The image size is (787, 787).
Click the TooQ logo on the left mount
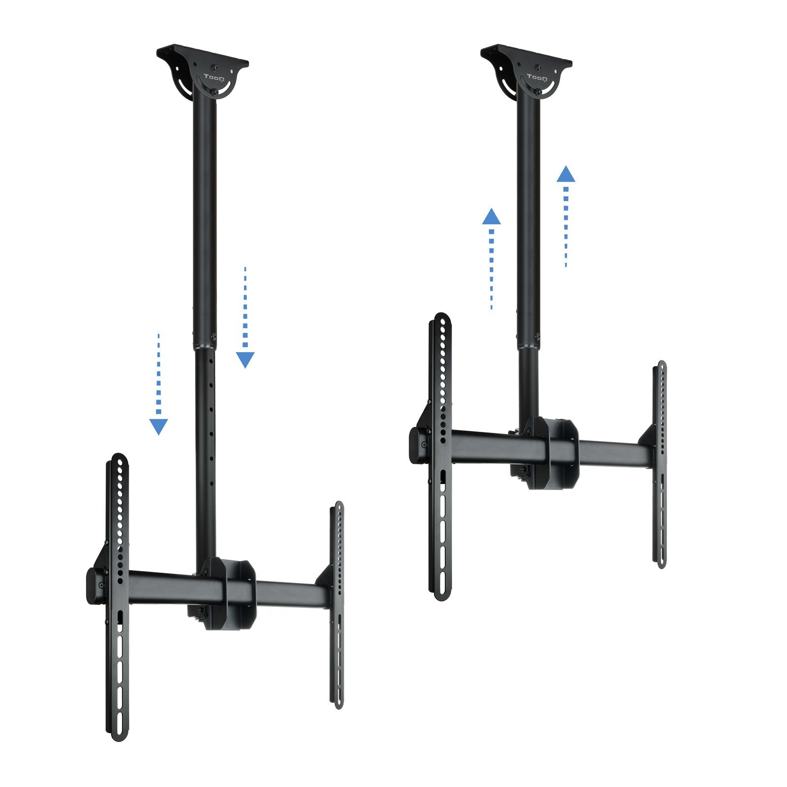click(214, 77)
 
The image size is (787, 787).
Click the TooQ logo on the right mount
click(537, 77)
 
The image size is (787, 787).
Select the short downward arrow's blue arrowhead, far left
click(158, 426)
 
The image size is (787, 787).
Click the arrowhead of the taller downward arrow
click(245, 360)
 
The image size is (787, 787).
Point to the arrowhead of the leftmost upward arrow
click(491, 217)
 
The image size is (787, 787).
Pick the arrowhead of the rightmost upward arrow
click(566, 174)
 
